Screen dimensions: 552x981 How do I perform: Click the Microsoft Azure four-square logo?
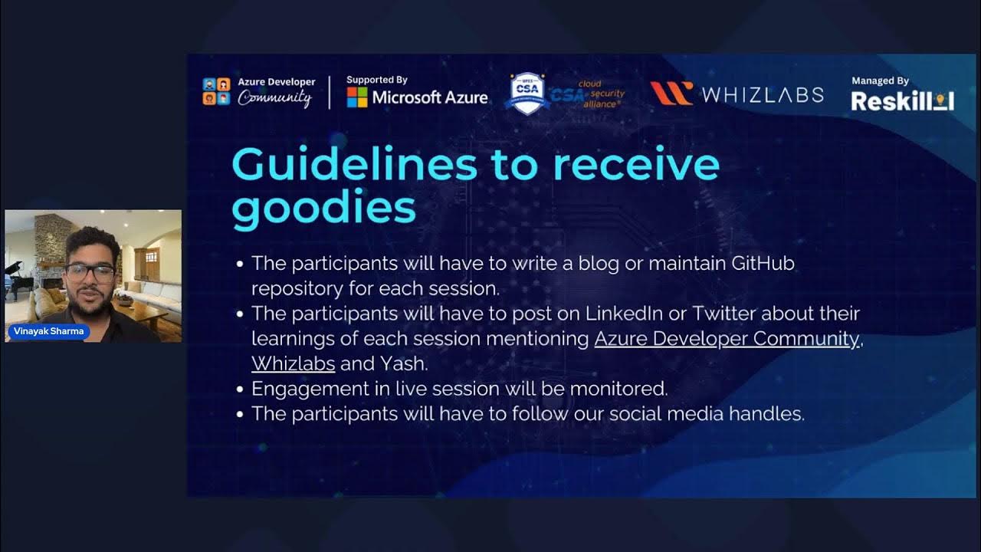point(357,97)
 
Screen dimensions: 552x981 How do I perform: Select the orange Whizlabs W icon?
point(671,94)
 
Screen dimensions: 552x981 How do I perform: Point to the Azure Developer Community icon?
point(216,91)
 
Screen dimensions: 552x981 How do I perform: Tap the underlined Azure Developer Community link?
point(727,338)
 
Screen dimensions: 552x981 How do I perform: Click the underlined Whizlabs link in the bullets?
point(293,363)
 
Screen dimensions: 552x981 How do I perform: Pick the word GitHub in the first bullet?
point(763,263)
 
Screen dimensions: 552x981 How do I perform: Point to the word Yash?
point(406,363)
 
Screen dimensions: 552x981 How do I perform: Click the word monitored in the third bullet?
point(618,389)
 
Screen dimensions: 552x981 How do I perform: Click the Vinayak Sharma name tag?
point(48,331)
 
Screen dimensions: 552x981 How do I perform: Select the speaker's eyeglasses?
point(90,271)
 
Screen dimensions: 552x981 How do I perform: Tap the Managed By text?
point(880,80)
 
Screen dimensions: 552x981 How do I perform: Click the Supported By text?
point(376,80)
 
